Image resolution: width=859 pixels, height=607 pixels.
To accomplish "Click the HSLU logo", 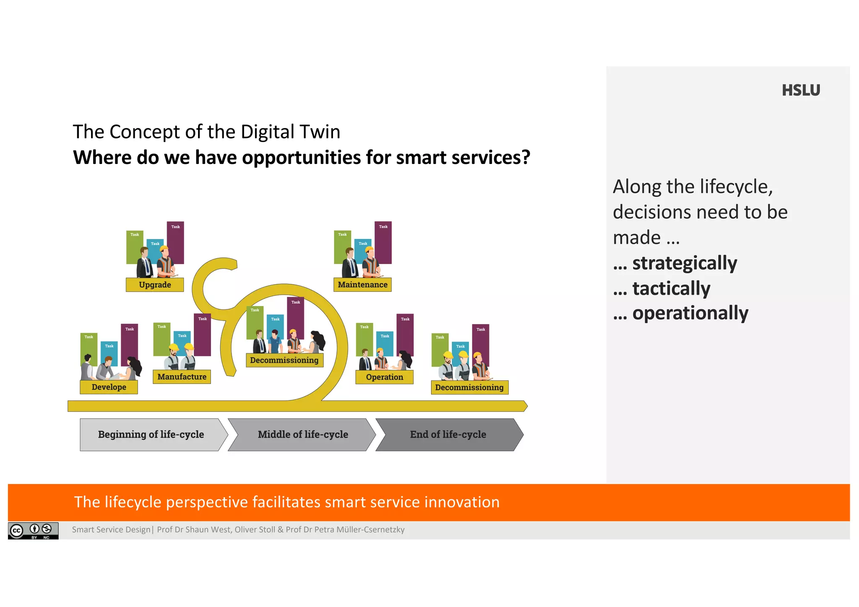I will coord(800,90).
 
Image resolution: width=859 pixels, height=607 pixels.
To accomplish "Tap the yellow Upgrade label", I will coord(155,285).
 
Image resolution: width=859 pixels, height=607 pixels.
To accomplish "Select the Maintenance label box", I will coord(362,285).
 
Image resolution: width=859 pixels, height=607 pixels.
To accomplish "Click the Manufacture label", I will coord(182,376).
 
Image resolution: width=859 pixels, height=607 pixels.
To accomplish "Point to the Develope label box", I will coord(109,387).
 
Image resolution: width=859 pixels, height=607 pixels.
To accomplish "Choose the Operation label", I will coord(384,377).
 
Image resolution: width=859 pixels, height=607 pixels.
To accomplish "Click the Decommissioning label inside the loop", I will coord(284,360).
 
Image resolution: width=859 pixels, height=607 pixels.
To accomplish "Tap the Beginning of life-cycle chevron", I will coord(151,434).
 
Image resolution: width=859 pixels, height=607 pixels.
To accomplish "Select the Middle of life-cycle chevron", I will coord(303,434).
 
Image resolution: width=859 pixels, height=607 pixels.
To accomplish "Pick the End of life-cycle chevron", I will coord(448,434).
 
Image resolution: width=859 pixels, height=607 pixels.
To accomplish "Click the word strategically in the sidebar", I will coord(684,263).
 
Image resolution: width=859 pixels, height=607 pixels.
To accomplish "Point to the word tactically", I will coord(671,288).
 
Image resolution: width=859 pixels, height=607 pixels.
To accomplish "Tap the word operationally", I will coord(690,313).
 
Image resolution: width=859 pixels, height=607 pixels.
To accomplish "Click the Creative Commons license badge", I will coord(33,530).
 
